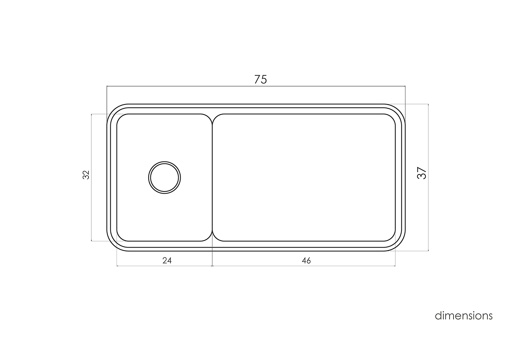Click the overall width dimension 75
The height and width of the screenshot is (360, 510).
click(260, 79)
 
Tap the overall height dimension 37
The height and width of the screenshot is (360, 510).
click(422, 173)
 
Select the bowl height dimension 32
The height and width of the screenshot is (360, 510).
click(86, 175)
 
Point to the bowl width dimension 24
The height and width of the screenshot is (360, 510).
click(167, 261)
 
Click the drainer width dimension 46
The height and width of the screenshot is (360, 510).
click(306, 261)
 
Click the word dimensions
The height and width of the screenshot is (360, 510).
click(463, 316)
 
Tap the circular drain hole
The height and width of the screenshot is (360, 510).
click(164, 178)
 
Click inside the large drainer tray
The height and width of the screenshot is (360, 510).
click(304, 178)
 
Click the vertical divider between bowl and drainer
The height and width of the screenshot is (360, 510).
click(212, 178)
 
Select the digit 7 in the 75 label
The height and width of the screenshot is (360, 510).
click(257, 79)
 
